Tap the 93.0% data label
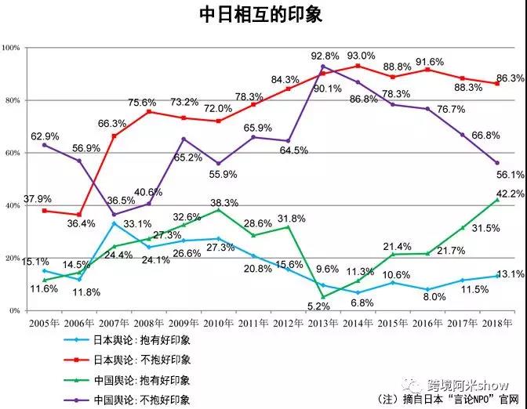(361, 56)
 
